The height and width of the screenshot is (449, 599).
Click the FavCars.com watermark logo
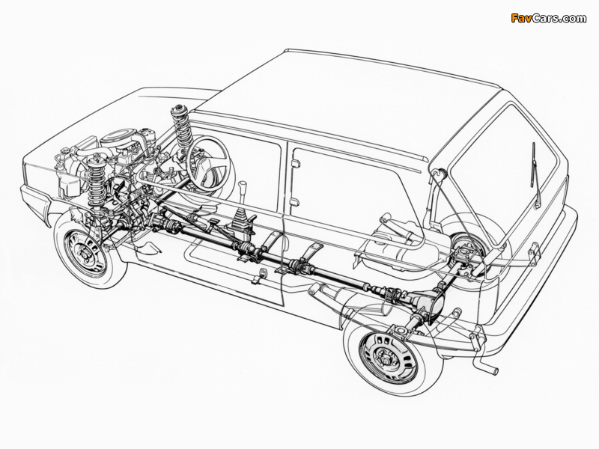click(548, 18)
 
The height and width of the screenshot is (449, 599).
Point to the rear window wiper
click(535, 173)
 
